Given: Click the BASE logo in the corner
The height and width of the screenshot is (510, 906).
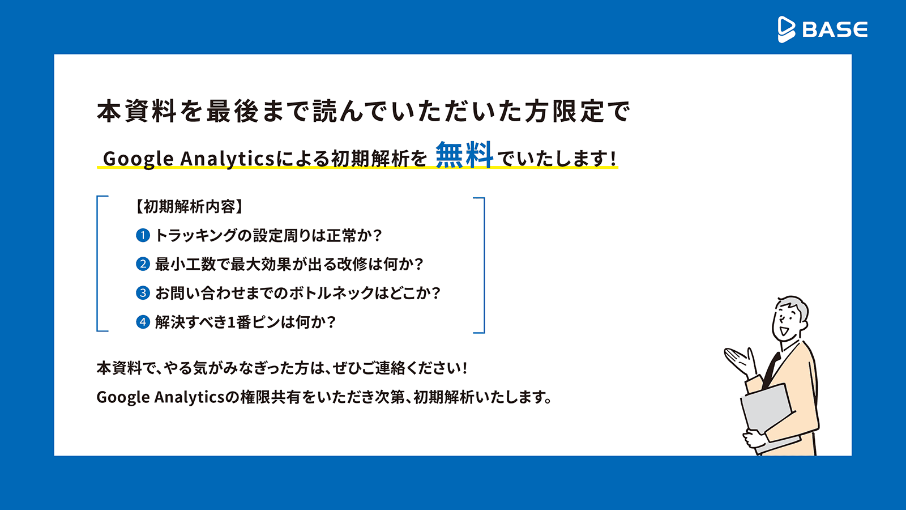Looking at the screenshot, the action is (x=823, y=29).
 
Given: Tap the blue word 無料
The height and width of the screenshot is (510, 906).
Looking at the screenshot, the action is (x=464, y=155).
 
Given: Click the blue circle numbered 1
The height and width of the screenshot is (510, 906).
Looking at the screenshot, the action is (x=143, y=235).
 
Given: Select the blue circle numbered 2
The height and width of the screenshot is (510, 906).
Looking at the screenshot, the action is (x=143, y=264).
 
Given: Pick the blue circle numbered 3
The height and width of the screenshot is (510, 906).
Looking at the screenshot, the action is (x=143, y=293).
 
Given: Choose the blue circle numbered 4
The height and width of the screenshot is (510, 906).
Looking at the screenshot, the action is (x=143, y=322).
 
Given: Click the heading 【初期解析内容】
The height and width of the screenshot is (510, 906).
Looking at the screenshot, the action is (x=189, y=207).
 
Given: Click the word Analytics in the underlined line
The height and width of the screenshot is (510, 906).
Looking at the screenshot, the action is (x=227, y=158).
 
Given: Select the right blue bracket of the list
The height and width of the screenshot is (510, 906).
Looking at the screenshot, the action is (x=484, y=265).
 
